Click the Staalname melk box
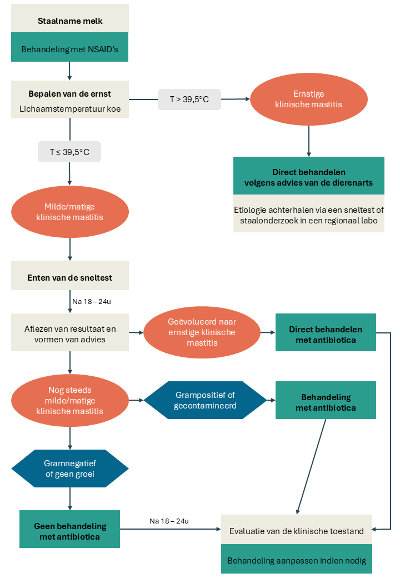[x=70, y=21]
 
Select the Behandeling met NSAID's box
[x=70, y=49]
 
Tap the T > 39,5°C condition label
[x=189, y=99]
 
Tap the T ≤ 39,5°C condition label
[x=69, y=152]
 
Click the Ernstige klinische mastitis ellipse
[x=309, y=99]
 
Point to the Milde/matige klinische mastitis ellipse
[x=70, y=212]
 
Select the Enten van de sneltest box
[x=70, y=276]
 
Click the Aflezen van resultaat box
[x=70, y=333]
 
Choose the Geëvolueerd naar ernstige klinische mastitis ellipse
[x=202, y=332]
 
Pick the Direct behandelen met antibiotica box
[x=326, y=333]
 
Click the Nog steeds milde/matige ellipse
[x=70, y=401]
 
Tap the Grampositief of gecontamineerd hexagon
[x=206, y=400]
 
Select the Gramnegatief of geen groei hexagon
[x=70, y=469]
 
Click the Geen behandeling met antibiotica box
[x=70, y=530]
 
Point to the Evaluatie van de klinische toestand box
[x=297, y=531]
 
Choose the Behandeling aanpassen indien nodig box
[x=297, y=560]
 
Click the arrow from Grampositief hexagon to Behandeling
[x=271, y=400]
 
